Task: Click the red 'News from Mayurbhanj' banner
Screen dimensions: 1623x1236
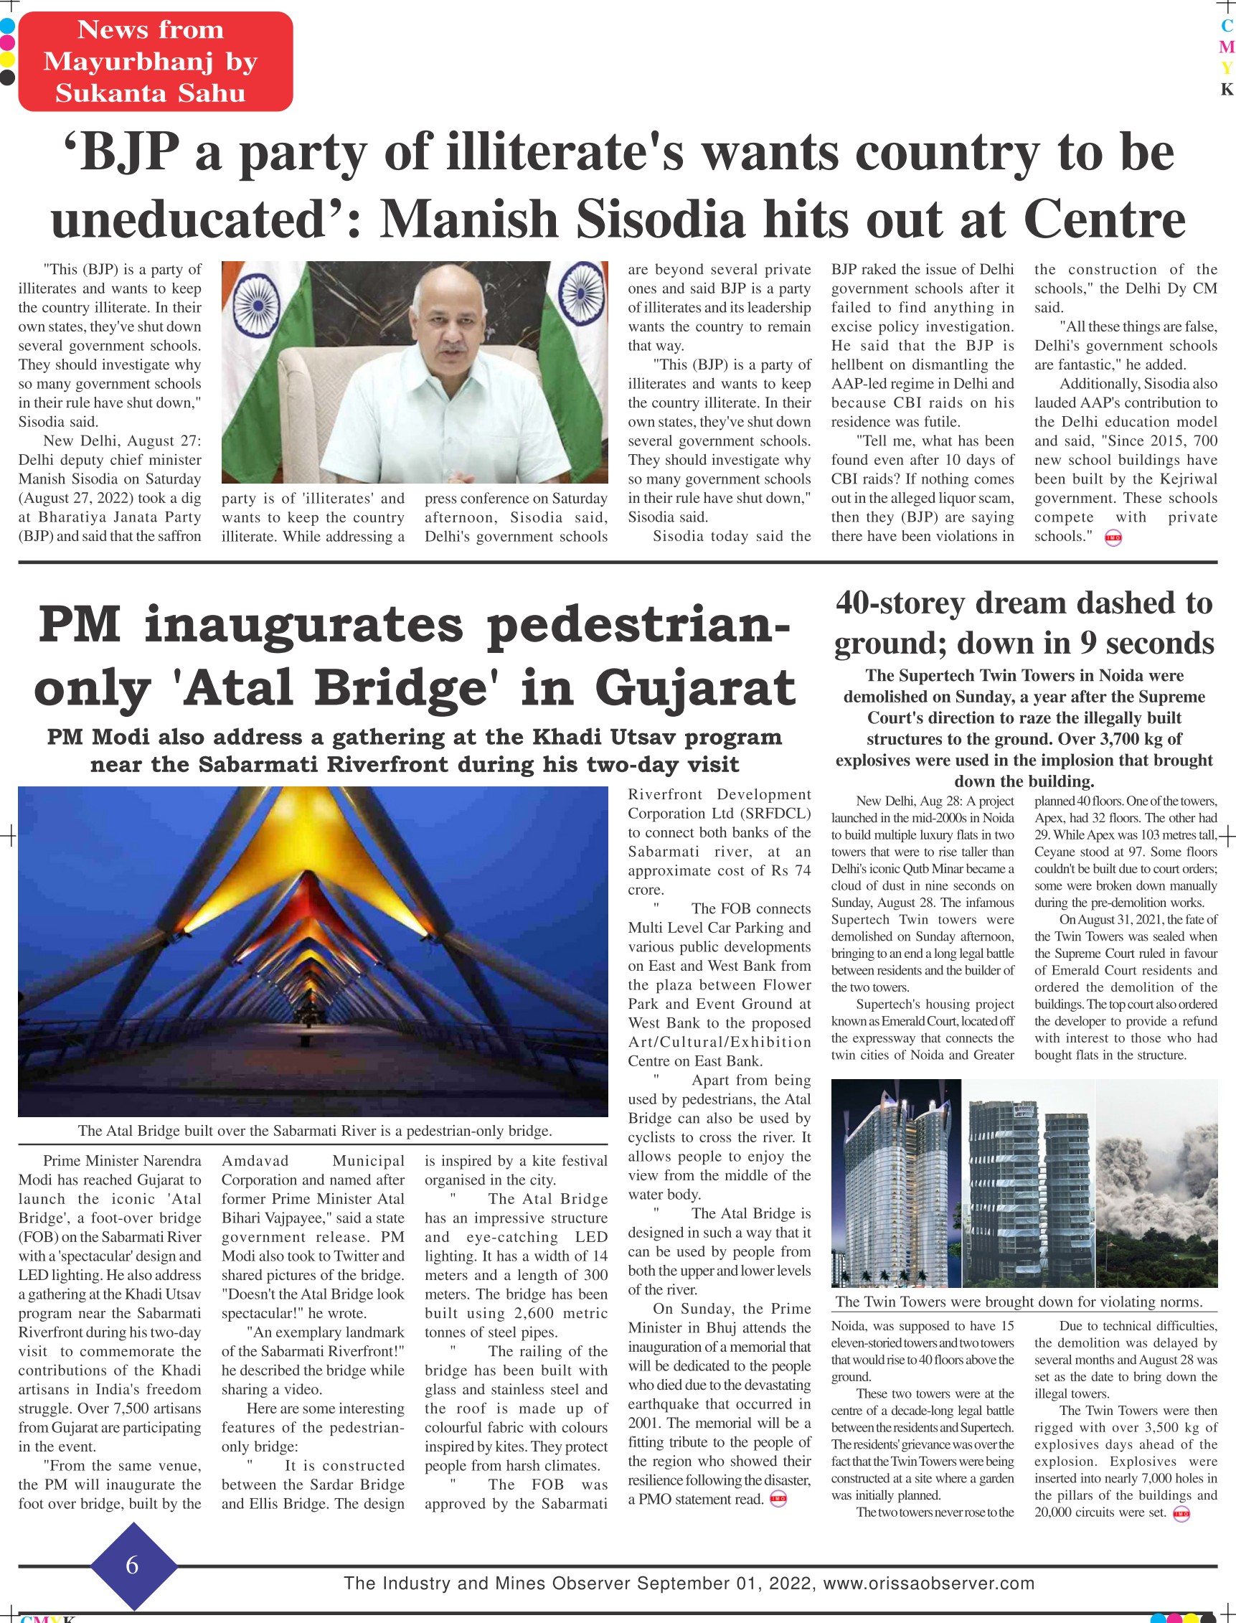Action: [x=155, y=62]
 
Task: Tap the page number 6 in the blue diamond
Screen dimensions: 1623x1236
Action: [x=133, y=1564]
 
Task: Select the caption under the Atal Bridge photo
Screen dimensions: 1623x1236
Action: [x=315, y=1131]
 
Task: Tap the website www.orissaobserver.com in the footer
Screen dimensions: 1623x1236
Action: [x=928, y=1584]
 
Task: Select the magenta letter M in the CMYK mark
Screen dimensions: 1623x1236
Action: [x=1227, y=47]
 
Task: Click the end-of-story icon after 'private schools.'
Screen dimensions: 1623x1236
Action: [x=1113, y=538]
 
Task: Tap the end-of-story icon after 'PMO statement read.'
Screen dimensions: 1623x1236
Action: [x=778, y=1499]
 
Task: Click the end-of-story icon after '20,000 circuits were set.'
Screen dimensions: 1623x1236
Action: [x=1181, y=1513]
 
